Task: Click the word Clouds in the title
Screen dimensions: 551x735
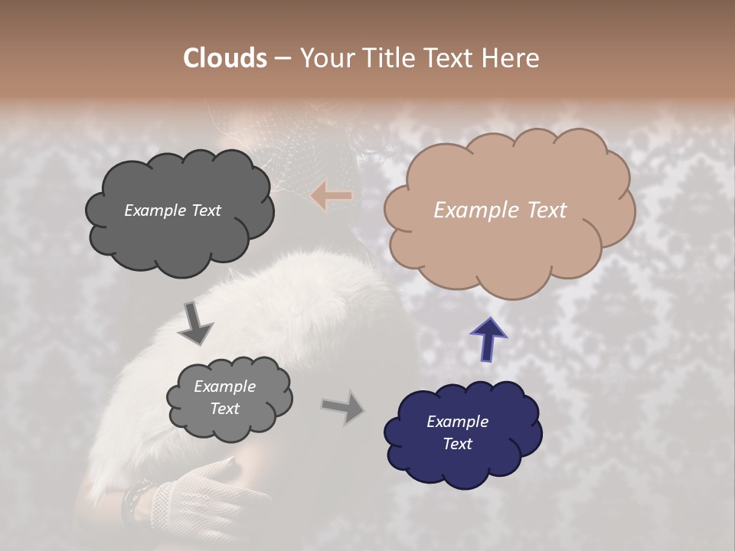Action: pyautogui.click(x=225, y=58)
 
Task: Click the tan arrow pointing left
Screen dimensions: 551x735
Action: pyautogui.click(x=332, y=196)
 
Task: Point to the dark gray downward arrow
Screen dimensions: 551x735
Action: pyautogui.click(x=196, y=323)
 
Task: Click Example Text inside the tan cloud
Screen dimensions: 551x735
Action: pyautogui.click(x=500, y=210)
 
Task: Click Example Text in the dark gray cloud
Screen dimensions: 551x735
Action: pyautogui.click(x=172, y=210)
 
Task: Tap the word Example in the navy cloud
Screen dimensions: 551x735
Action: pyautogui.click(x=457, y=422)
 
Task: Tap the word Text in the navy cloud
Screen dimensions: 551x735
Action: pyautogui.click(x=457, y=444)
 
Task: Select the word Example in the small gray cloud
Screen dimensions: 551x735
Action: pyautogui.click(x=224, y=386)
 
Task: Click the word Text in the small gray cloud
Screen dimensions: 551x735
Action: pyautogui.click(x=224, y=409)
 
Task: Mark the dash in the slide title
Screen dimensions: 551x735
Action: pyautogui.click(x=282, y=59)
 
